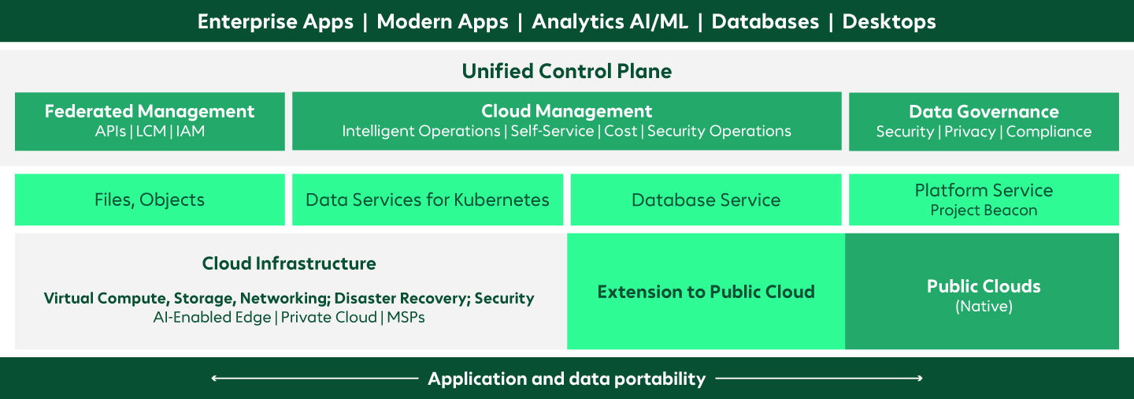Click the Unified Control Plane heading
[566, 71]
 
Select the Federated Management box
[150, 121]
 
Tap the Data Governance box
[984, 121]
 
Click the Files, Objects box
[150, 199]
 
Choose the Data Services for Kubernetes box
[428, 199]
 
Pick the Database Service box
[706, 199]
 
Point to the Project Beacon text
[984, 211]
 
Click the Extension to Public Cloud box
[706, 292]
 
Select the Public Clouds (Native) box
[983, 292]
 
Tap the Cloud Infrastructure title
[289, 263]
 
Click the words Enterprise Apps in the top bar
[276, 21]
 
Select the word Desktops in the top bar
[889, 21]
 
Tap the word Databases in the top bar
[765, 21]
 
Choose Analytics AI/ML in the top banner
[610, 21]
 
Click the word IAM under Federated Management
[190, 132]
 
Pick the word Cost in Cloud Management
[621, 132]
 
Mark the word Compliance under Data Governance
[1049, 132]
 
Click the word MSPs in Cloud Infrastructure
[406, 318]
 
